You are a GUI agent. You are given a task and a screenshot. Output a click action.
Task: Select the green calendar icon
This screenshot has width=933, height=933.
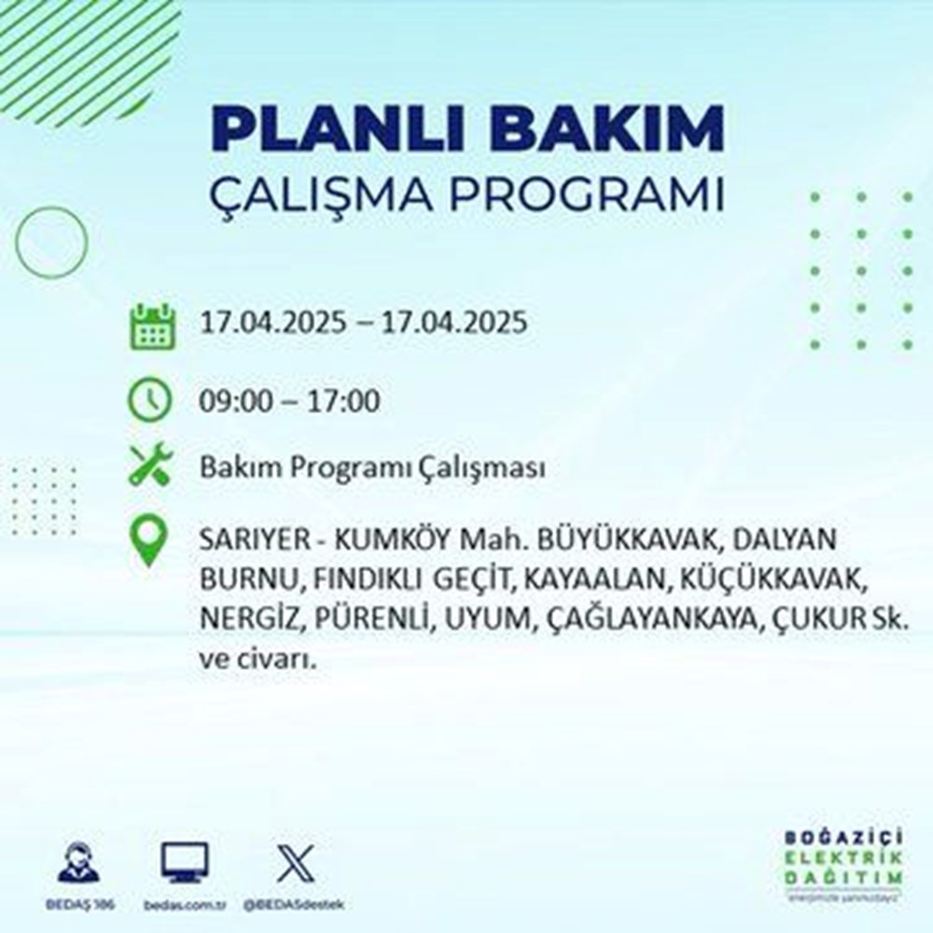[151, 326]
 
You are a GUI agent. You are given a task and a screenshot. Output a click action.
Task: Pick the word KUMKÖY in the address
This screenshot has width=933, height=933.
[385, 541]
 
